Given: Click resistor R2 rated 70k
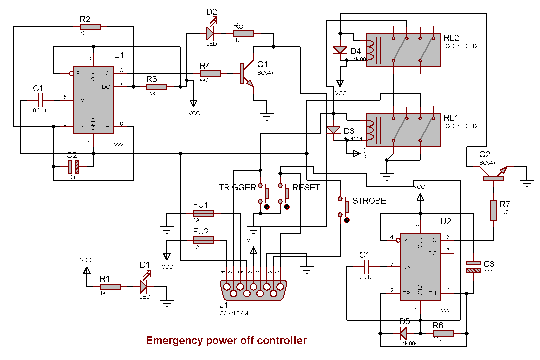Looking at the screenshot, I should coord(90,27).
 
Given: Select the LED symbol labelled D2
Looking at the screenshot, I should coord(210,33).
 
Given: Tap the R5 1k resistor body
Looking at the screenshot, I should coord(243,33).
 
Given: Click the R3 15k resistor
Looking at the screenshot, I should coord(157,87).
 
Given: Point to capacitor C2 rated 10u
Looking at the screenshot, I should coord(73,167).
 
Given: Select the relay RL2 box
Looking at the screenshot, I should coord(403,50).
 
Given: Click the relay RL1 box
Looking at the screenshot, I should coord(403,130).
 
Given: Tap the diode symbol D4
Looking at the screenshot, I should coord(340,51).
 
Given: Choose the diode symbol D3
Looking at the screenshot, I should coord(333,130).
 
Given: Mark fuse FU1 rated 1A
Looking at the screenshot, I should coord(203,213).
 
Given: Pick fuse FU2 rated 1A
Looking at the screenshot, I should coord(203,240).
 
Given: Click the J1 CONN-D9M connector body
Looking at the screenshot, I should coord(253,290).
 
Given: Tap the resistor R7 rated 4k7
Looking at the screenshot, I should coord(493,210).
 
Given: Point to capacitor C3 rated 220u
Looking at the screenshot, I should coord(473,267).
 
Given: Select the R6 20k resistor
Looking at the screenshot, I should coord(443,333).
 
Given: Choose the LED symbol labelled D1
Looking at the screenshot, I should coord(144,286).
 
